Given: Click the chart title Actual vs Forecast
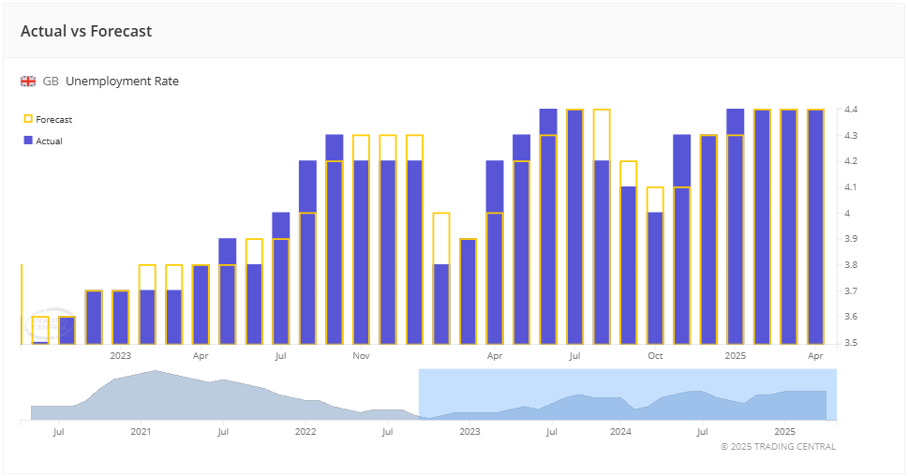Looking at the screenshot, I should coord(86,31).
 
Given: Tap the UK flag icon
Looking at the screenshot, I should coord(28,82).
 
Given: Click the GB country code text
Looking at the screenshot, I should coord(51,82).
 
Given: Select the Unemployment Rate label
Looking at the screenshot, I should coord(122,82).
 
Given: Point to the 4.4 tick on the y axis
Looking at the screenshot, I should coord(852,110).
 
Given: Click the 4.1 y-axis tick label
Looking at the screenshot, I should coord(852,187).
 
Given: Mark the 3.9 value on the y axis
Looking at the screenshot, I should coord(852,239).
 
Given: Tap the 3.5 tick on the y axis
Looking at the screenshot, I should coord(852,343).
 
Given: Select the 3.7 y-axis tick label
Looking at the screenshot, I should coord(852,291).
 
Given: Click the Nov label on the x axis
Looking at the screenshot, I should coord(362,356).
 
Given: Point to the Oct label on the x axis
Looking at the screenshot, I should coord(655,356).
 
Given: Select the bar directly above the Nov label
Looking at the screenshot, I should coord(361,253).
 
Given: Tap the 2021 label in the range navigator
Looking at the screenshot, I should coord(141,432).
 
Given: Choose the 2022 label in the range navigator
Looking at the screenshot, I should coord(305,432).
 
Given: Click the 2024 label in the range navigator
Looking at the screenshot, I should coord(620,432).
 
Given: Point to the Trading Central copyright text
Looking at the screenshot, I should coord(778,447).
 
